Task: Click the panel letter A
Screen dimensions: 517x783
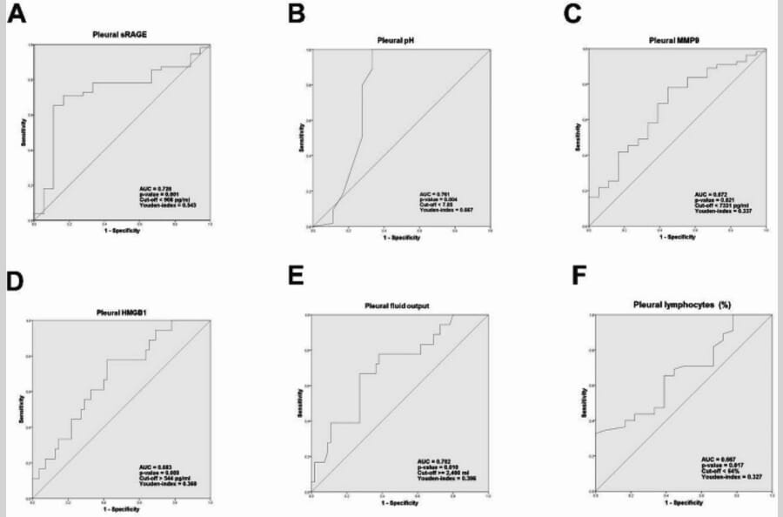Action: [17, 15]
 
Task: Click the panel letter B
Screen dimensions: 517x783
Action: [298, 14]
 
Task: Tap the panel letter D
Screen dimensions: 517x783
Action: [17, 285]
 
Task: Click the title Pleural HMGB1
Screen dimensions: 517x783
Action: [118, 312]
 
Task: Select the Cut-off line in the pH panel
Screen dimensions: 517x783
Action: [435, 205]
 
